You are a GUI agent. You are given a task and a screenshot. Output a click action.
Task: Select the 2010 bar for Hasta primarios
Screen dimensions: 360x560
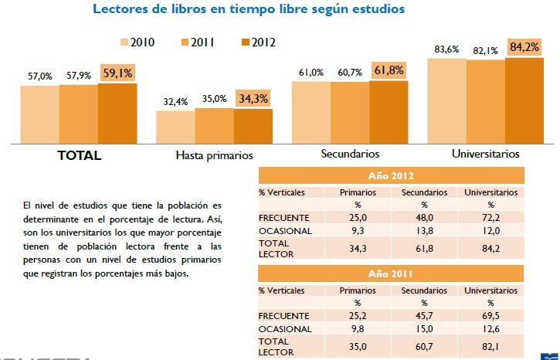pos(175,127)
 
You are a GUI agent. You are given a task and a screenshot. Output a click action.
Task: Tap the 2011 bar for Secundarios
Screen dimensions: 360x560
pos(350,112)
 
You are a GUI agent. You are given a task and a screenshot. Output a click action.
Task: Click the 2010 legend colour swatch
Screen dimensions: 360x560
pos(124,42)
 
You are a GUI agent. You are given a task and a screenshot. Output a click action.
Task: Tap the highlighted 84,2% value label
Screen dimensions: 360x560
pos(525,47)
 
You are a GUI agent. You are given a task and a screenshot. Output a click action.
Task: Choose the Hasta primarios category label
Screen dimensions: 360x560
pos(215,155)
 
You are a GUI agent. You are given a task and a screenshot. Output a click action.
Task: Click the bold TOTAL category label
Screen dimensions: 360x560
pos(80,155)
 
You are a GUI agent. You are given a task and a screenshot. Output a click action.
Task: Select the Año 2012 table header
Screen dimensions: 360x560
pos(390,175)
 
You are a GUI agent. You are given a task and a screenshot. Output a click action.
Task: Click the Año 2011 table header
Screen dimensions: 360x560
pos(390,273)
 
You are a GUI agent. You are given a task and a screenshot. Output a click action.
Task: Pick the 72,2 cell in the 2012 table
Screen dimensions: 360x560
pos(490,218)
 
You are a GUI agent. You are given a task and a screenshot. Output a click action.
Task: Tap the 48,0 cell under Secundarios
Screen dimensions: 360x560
pos(425,218)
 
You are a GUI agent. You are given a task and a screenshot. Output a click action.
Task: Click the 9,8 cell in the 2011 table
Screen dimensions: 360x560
pos(358,328)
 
